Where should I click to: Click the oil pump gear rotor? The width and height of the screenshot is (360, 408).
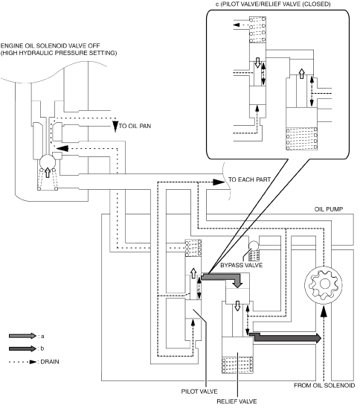pos(324,284)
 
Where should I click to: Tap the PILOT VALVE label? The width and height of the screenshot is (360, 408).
pos(199,392)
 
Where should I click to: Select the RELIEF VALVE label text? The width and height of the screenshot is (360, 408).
pos(237,401)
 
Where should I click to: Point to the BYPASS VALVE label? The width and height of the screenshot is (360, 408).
pos(242,265)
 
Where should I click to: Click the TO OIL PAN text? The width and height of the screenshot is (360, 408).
pos(135,126)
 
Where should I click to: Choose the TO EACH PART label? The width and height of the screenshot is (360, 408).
pos(249,179)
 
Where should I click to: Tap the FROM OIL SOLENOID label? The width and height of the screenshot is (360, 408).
pos(324,386)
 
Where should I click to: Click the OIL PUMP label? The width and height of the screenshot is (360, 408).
pos(329,209)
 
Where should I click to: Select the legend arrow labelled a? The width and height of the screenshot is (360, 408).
pos(22,336)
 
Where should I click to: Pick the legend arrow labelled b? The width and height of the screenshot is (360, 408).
pos(22,348)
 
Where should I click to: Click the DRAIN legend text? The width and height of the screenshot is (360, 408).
pos(50,362)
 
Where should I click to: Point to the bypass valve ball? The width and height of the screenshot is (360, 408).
pos(254,246)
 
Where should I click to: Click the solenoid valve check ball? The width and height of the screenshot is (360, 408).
pos(48,162)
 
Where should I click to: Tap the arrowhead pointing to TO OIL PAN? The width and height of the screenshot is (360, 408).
pos(115,126)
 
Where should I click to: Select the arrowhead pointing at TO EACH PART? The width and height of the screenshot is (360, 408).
pos(219,182)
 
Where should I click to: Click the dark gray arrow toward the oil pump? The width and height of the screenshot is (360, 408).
pos(286,337)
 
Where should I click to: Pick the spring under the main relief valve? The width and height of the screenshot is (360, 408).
pos(237,365)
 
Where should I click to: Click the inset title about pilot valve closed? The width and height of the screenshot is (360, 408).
pos(273,4)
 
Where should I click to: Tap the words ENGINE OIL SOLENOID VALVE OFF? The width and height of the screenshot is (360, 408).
pos(50,46)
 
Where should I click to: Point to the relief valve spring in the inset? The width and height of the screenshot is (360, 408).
pos(301,138)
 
